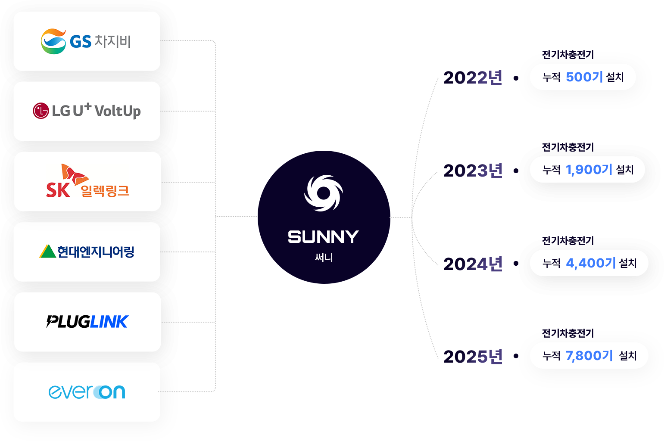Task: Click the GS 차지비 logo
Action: click(x=86, y=41)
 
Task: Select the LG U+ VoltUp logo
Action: click(x=87, y=111)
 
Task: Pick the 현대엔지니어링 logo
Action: click(x=87, y=252)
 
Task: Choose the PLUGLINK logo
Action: click(x=87, y=322)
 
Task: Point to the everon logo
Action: click(x=87, y=391)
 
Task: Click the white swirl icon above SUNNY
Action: click(x=324, y=193)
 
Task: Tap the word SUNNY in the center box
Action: click(x=323, y=237)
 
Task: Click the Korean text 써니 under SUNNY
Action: click(x=324, y=258)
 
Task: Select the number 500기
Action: click(x=584, y=77)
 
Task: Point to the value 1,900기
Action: click(x=589, y=170)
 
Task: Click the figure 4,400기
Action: click(x=590, y=263)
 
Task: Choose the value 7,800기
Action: click(x=589, y=356)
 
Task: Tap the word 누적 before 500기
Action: click(x=551, y=77)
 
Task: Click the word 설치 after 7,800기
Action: click(x=627, y=356)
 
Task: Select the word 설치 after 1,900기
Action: click(x=625, y=170)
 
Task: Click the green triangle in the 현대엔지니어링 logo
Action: click(x=47, y=252)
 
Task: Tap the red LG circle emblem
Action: click(x=41, y=111)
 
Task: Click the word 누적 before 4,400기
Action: click(x=551, y=263)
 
